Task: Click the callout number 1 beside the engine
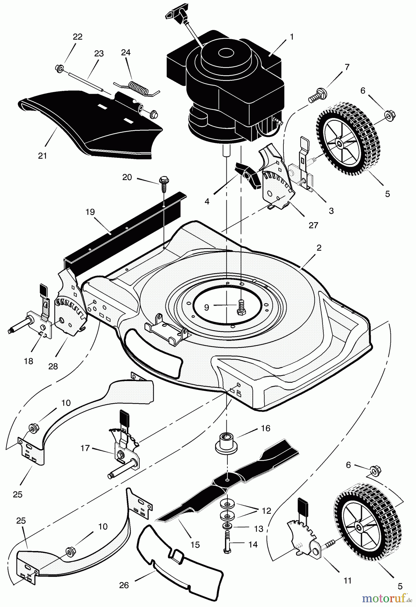(x=291, y=36)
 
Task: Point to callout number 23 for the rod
(x=99, y=54)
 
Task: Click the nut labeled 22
(x=60, y=69)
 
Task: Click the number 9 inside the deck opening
(x=207, y=307)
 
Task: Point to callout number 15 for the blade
(x=195, y=545)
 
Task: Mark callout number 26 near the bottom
(x=124, y=585)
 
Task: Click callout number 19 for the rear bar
(x=90, y=212)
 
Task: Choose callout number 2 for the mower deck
(x=319, y=248)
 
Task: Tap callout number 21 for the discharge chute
(x=43, y=156)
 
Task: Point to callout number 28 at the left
(x=53, y=366)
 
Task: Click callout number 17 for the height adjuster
(x=85, y=448)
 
